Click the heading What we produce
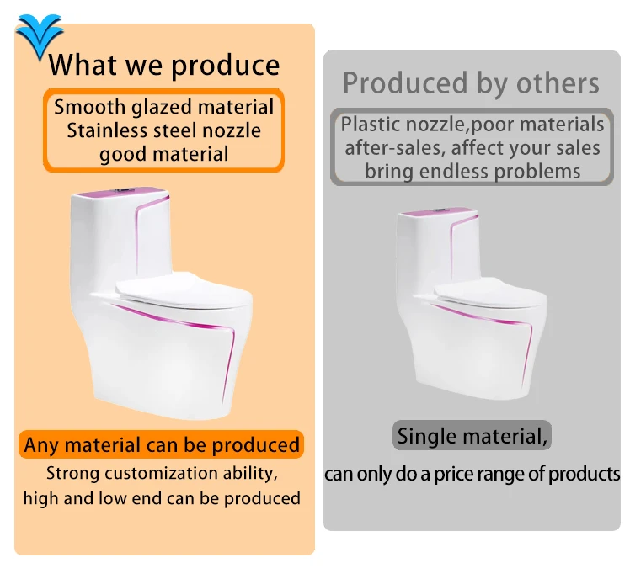pos(163,65)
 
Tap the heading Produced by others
pos(471,83)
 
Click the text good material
pos(163,154)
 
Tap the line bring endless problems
pos(472,171)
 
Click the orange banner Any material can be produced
pos(161,444)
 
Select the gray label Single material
pos(472,436)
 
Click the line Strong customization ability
pos(161,472)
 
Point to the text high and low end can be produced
pos(161,497)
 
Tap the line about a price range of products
pos(472,473)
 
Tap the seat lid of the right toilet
pos(489,291)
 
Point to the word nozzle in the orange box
pos(229,130)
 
